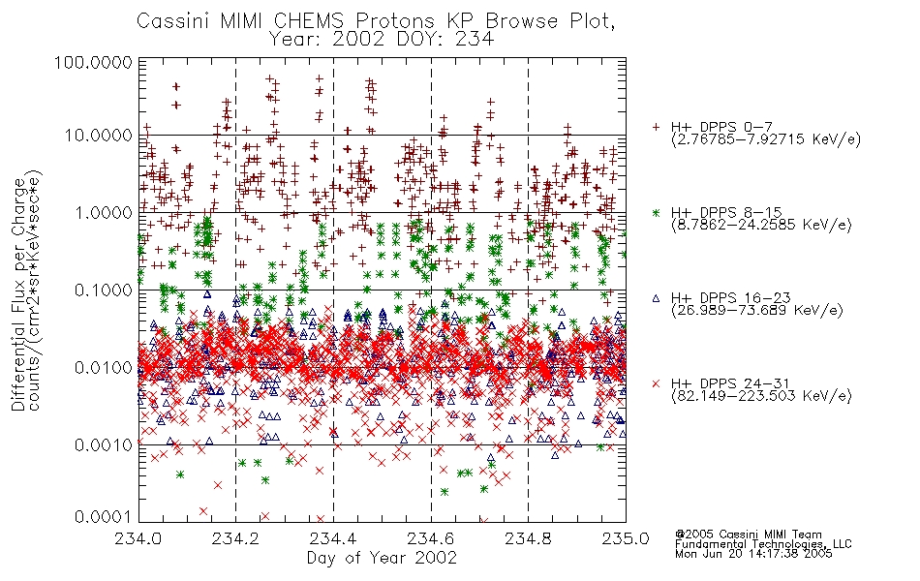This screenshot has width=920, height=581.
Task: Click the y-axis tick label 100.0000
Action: pyautogui.click(x=93, y=62)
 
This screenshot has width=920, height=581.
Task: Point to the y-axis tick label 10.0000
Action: pyautogui.click(x=98, y=136)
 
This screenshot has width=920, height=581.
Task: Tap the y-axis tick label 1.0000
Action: pyautogui.click(x=104, y=212)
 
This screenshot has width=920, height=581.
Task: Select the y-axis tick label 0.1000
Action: pyautogui.click(x=104, y=290)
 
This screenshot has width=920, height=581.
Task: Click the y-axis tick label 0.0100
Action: pyautogui.click(x=104, y=368)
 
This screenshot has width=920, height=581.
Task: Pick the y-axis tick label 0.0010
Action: pyautogui.click(x=104, y=445)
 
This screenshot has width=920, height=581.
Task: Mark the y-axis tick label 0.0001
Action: pyautogui.click(x=104, y=517)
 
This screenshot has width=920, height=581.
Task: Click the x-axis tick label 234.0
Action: pyautogui.click(x=138, y=538)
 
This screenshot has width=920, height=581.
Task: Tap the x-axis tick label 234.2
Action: pyautogui.click(x=236, y=538)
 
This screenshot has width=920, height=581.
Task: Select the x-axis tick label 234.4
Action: pyautogui.click(x=333, y=538)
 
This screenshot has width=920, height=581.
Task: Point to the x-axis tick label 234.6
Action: pyautogui.click(x=431, y=538)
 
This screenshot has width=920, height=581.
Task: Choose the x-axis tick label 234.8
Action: pyautogui.click(x=528, y=538)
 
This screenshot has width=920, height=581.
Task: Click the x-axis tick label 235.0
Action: pyautogui.click(x=626, y=538)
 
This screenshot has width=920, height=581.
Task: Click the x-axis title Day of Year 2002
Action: pyautogui.click(x=382, y=558)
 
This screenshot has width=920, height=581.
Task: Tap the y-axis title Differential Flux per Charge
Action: pyautogui.click(x=18, y=293)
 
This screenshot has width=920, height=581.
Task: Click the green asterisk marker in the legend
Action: pyautogui.click(x=656, y=212)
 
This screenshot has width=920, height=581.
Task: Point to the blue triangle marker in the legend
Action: pyautogui.click(x=656, y=298)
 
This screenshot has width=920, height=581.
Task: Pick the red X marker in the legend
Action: pyautogui.click(x=656, y=383)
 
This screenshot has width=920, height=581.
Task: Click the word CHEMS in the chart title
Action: pyautogui.click(x=309, y=21)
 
